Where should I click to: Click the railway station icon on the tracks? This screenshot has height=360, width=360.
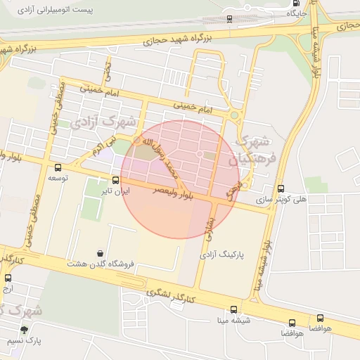coord(229,19)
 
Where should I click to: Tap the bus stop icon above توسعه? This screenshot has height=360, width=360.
coord(58,167)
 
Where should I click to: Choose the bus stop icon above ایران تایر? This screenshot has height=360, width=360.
coord(115,179)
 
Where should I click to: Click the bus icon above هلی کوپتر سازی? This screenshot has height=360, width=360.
coord(281,188)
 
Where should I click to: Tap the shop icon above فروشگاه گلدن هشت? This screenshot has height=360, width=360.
coord(101,253)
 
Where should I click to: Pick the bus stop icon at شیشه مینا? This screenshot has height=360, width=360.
coord(234,309)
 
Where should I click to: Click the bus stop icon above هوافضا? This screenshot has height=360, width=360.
coord(321,317)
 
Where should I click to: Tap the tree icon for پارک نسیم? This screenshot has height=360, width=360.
coord(25,328)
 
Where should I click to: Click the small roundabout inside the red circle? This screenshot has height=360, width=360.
coord(200,154)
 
